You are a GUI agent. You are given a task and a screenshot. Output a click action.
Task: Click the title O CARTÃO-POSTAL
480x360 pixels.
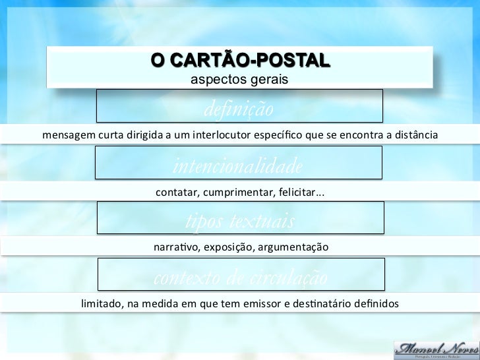tap(240, 61)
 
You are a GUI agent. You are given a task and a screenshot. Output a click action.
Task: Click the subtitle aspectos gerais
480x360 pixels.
tap(239, 80)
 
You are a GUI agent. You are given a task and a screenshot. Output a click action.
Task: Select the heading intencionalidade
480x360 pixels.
tap(238, 165)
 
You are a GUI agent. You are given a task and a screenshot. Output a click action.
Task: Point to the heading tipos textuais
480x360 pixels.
tap(240, 221)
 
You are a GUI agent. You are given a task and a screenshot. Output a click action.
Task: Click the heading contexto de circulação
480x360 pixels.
tap(240, 278)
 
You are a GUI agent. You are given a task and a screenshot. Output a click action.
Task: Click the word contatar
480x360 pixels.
tap(177, 193)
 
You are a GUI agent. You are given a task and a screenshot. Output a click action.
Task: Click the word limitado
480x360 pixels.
tap(101, 304)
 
